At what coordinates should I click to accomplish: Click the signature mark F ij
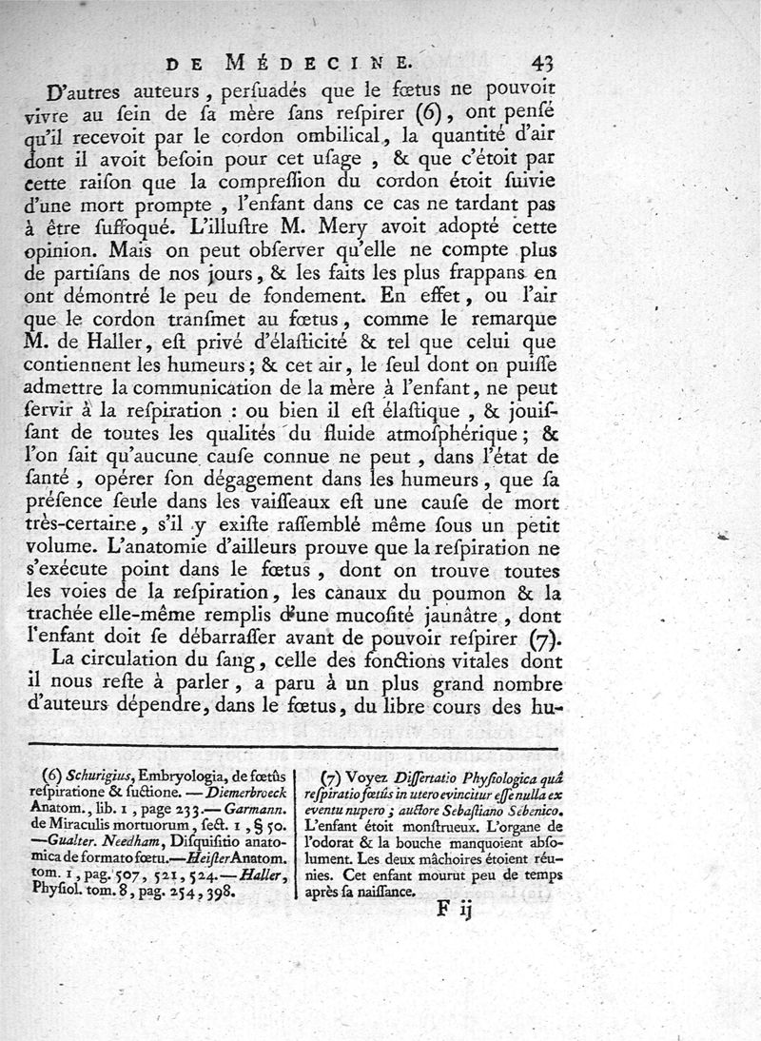click(455, 908)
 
